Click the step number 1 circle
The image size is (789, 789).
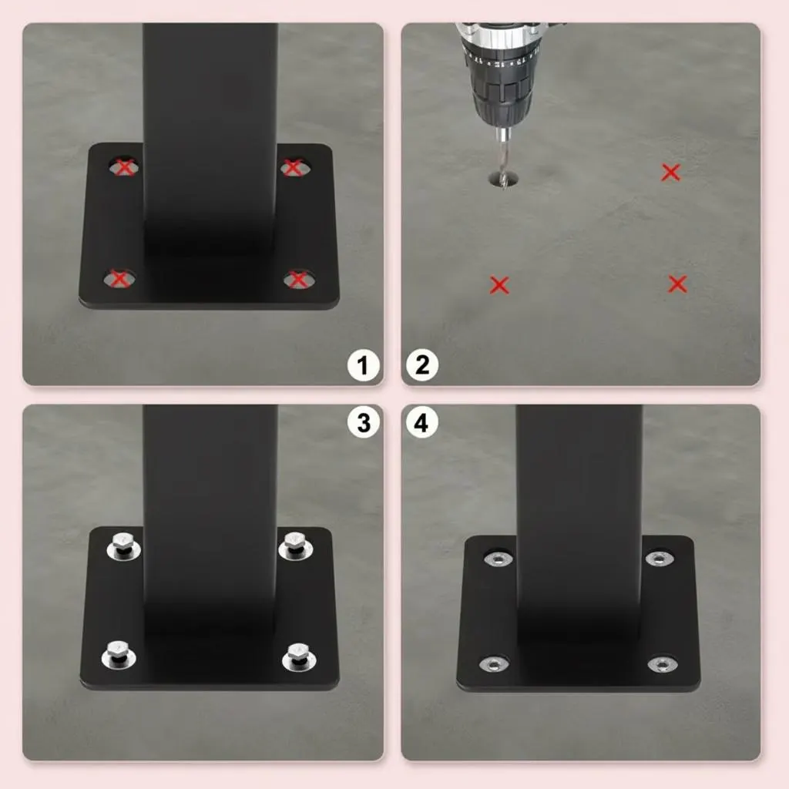coord(363,364)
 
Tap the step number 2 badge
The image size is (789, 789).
coord(422,364)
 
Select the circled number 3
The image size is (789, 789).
coord(363,422)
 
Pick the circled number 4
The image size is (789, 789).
coord(421,422)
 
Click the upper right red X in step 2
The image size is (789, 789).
coord(671,172)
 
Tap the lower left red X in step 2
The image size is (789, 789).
coord(499,285)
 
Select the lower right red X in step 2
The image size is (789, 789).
coord(678,284)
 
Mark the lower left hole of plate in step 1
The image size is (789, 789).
coord(119,278)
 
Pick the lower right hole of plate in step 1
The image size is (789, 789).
coord(299,279)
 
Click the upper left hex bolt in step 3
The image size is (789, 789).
coord(123,546)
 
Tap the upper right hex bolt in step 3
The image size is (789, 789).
coord(295,546)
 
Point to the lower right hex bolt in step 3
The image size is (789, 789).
coord(299,656)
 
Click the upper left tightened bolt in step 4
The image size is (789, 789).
coord(499,558)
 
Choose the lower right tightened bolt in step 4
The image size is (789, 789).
coord(662,665)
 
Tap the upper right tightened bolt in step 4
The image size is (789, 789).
coord(660,558)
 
